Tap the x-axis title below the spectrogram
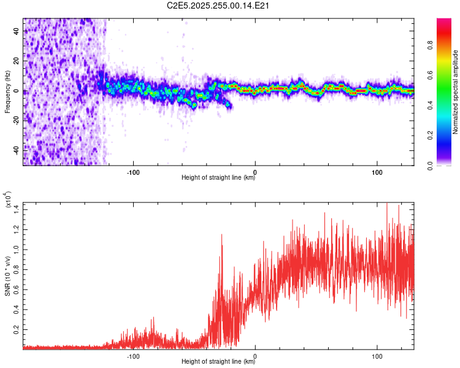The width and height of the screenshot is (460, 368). coord(218,178)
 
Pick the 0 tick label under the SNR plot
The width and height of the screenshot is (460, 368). coord(255,355)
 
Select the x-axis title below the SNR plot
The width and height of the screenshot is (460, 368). coord(218,362)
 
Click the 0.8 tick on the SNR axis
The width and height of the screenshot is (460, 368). coord(17,269)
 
